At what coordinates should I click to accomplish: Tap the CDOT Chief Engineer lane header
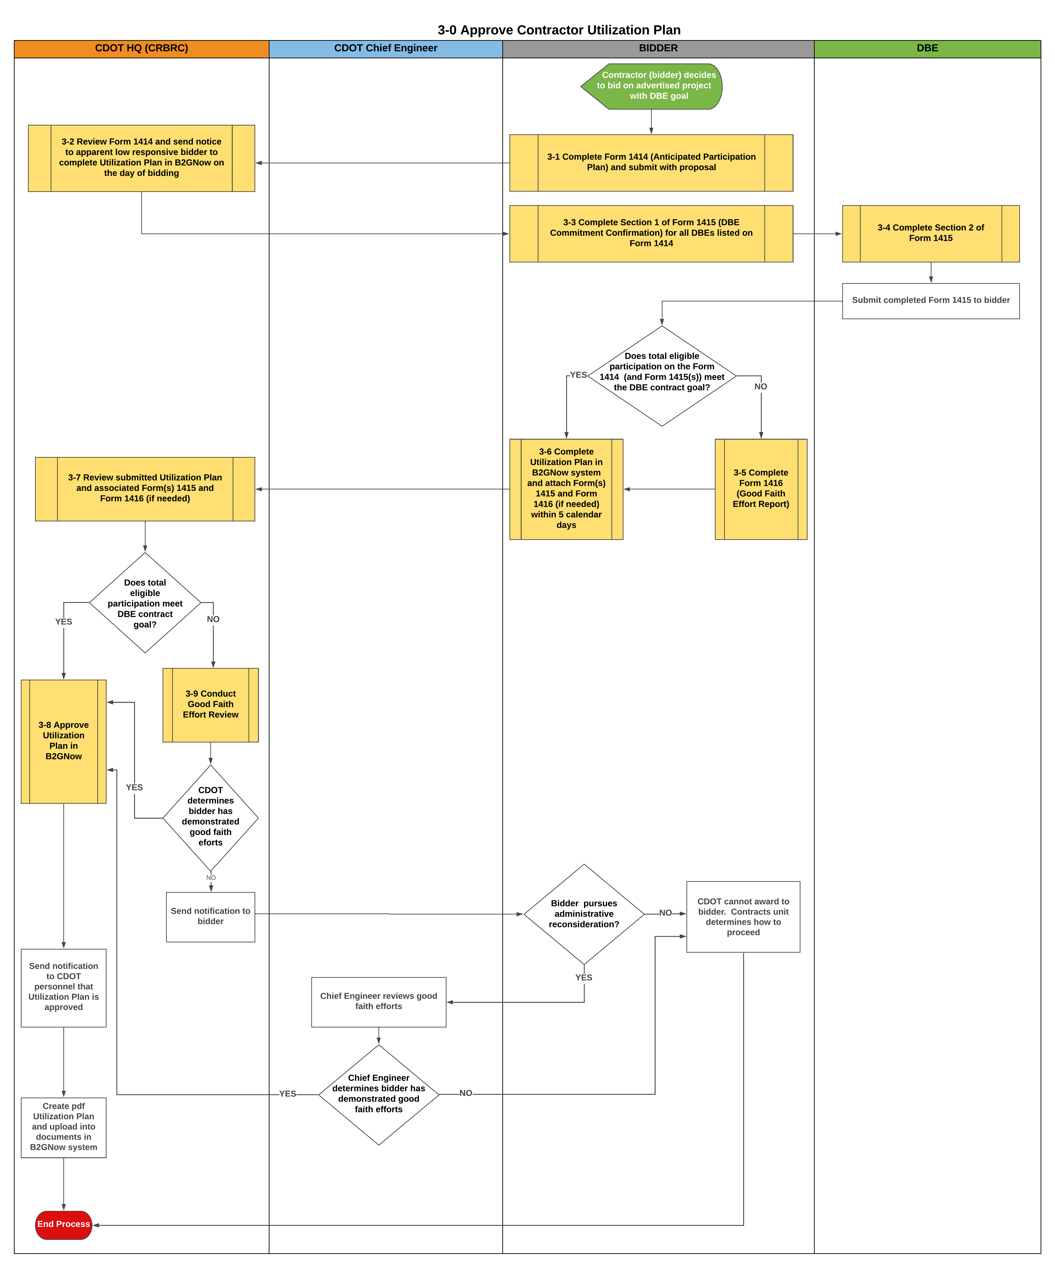click(386, 48)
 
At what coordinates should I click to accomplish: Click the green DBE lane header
click(927, 48)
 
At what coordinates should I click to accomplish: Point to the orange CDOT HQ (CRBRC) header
click(141, 48)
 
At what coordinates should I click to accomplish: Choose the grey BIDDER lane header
click(658, 48)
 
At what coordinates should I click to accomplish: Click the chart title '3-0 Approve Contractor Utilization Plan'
click(559, 30)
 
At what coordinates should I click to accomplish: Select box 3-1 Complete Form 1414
click(651, 162)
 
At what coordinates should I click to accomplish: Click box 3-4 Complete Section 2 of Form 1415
click(931, 233)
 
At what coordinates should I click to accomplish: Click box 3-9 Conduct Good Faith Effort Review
click(211, 705)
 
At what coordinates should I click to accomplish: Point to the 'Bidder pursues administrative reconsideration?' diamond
click(584, 914)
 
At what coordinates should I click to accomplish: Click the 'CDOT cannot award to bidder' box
click(743, 917)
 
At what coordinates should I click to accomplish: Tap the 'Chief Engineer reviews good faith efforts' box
click(378, 1001)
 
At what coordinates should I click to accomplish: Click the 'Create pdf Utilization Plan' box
click(63, 1127)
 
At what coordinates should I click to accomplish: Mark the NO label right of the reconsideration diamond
click(665, 913)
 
